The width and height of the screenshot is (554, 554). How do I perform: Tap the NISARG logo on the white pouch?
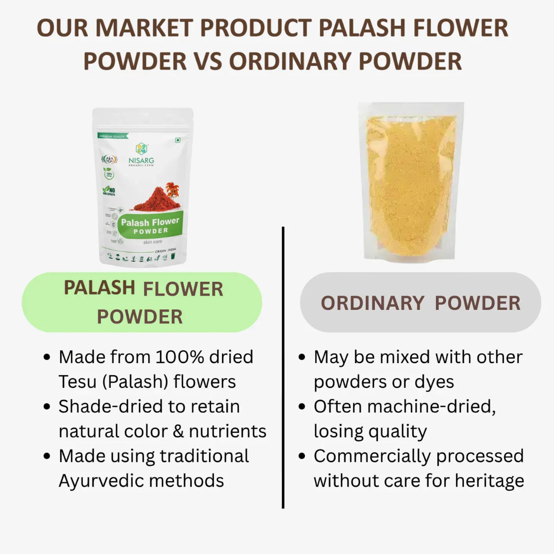pos(141,154)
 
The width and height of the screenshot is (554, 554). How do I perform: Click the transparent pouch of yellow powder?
pos(410,182)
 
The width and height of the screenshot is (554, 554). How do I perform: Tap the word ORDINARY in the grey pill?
pos(372,303)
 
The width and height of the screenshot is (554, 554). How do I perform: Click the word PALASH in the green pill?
pos(99,288)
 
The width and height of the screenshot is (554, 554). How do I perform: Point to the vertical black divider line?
pos(283,368)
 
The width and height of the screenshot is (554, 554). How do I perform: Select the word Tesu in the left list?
pos(77,382)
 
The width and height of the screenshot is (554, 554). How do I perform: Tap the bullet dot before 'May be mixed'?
pos(302,358)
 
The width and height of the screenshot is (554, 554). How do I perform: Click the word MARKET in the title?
pos(144,28)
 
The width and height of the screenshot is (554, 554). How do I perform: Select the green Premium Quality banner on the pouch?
pos(112,136)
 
